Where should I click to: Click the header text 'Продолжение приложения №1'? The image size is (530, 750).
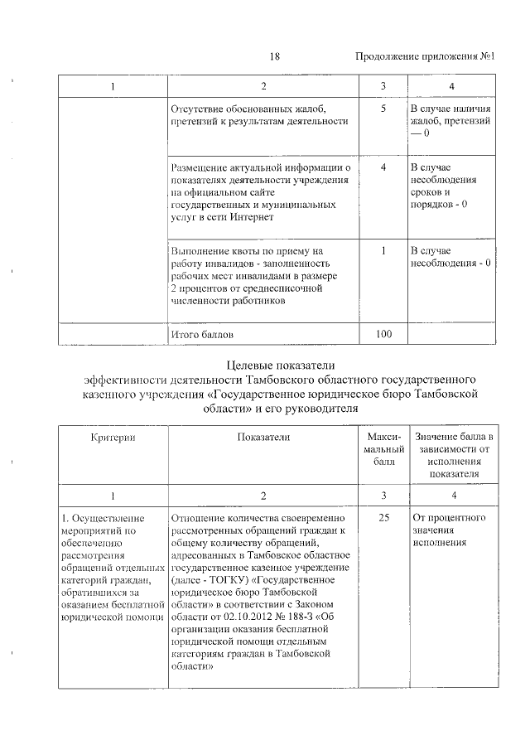[425, 57]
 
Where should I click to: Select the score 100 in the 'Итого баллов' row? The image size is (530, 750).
[383, 334]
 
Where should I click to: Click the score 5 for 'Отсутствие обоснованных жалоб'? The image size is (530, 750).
[383, 109]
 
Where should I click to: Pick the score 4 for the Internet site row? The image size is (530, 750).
[383, 167]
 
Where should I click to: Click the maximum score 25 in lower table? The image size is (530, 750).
[383, 519]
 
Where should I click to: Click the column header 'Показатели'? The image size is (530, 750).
[263, 437]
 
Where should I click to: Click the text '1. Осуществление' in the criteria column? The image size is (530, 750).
[98, 519]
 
